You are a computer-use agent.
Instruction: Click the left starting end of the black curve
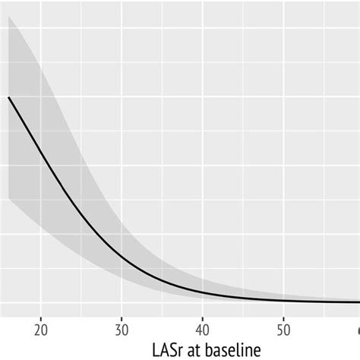coord(8,97)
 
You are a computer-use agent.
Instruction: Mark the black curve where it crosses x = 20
coord(41,148)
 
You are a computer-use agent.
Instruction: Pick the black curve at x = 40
coord(202,294)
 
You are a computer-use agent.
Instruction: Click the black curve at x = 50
coord(283,301)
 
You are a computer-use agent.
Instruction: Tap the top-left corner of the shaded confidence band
coord(8,17)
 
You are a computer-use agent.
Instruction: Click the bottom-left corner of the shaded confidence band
coord(8,199)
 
